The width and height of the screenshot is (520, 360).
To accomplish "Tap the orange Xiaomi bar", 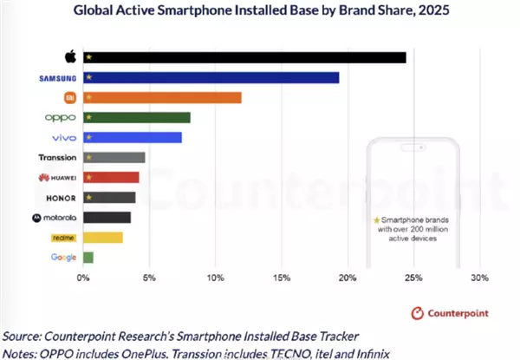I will (162, 97).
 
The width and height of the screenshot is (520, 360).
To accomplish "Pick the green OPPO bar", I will (136, 117).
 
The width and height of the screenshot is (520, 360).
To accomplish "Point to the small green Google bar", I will (88, 257).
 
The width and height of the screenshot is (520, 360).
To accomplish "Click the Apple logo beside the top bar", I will (70, 57).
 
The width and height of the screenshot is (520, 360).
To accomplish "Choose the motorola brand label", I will (55, 217).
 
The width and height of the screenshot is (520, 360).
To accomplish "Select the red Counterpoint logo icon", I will (417, 311).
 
